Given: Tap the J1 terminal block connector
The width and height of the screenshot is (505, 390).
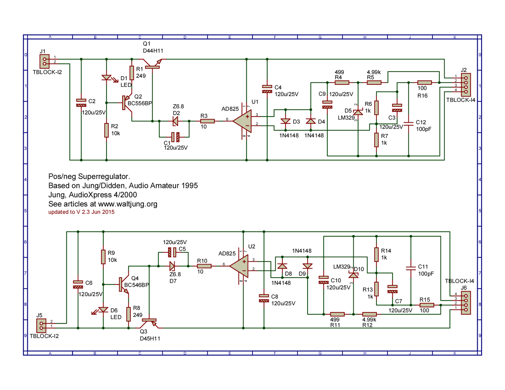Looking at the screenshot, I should [x=44, y=61].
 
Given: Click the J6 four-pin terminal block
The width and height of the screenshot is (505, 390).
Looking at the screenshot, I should [x=466, y=303].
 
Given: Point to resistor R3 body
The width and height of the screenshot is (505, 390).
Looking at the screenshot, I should [x=207, y=121].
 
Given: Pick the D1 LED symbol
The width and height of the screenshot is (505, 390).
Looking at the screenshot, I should [x=107, y=78].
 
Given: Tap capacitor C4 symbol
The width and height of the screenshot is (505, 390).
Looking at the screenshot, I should [x=267, y=89].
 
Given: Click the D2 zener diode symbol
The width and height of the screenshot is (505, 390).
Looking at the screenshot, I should [x=175, y=121].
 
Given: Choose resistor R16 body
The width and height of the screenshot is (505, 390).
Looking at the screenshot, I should [x=425, y=82].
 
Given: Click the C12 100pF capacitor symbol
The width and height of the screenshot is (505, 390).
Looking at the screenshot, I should [x=408, y=124].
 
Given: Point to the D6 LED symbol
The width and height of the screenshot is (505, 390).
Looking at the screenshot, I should [x=103, y=310].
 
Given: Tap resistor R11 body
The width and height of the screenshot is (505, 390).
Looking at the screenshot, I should [x=337, y=314].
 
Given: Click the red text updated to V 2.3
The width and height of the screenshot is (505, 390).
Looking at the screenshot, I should [x=81, y=212].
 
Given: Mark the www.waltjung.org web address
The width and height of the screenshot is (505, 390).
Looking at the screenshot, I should [x=128, y=204].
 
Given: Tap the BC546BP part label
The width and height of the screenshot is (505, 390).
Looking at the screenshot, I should [x=136, y=285].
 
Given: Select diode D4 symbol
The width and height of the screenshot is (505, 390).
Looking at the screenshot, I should [x=311, y=121].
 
